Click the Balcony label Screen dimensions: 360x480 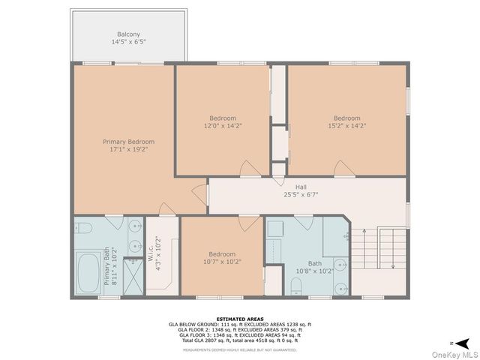coord(129,34)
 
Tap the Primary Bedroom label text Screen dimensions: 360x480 coord(129,142)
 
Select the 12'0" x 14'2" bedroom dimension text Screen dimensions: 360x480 coord(223,126)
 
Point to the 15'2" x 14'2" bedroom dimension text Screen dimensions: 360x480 coord(347,126)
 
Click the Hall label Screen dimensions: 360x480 coord(301,187)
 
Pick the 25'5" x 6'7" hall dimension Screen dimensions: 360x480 coord(301,195)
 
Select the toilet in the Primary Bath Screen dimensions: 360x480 coord(84,227)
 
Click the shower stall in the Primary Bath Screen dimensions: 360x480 coord(133,277)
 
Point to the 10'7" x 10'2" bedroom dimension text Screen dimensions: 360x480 coord(222,262)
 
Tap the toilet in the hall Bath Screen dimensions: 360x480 coord(273,286)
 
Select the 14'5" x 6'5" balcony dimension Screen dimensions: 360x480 coord(129,42)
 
